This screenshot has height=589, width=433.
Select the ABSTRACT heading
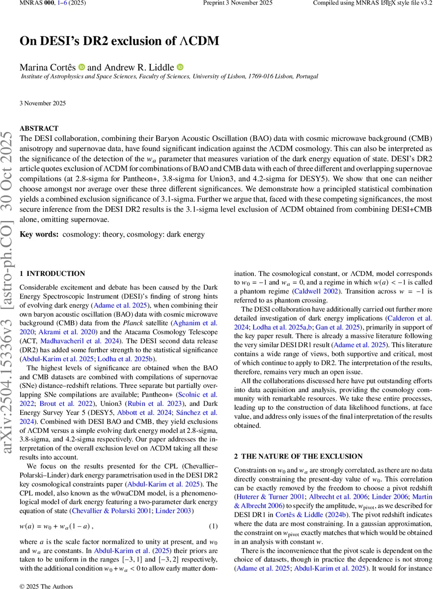click(x=39, y=128)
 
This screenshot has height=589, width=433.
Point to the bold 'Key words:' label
click(x=39, y=235)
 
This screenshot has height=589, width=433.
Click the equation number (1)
click(x=213, y=527)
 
